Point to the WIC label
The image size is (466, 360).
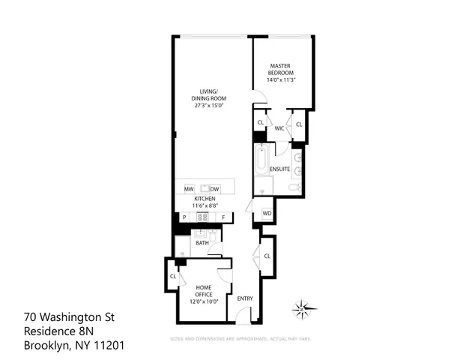279,128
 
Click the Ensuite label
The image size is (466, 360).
279,169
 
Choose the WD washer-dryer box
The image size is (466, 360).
267,214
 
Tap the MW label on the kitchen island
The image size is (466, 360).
190,188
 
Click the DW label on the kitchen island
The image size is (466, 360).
214,188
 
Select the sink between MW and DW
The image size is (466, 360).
202,188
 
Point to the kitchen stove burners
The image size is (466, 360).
202,217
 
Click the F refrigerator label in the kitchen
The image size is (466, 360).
223,217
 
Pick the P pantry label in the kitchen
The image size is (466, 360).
184,217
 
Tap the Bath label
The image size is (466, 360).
202,243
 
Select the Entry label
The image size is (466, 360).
245,298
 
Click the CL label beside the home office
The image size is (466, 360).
172,276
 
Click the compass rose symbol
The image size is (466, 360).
303,307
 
